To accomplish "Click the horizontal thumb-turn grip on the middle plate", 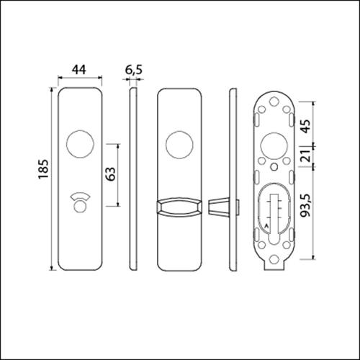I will (177, 207).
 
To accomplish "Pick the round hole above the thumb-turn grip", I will (177, 144).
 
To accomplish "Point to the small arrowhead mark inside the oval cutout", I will (265, 228).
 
